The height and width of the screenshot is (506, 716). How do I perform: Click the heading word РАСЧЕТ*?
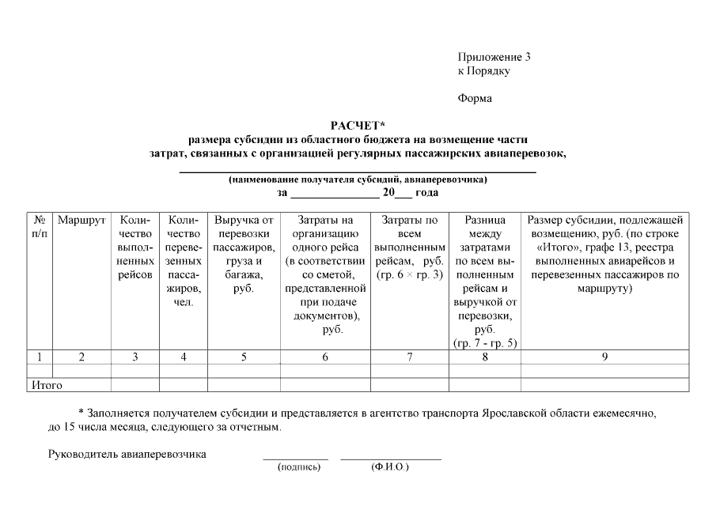(x=358, y=125)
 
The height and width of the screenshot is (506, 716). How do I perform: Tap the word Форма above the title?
(x=475, y=98)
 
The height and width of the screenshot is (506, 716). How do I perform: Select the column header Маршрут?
(x=81, y=220)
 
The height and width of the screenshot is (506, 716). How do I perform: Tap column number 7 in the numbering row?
(x=409, y=357)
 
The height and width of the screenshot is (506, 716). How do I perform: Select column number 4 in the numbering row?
(x=184, y=357)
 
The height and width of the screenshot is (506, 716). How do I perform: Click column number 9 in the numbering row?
(x=604, y=357)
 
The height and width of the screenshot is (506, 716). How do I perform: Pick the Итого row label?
(x=46, y=385)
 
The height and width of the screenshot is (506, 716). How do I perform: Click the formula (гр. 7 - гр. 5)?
(x=484, y=343)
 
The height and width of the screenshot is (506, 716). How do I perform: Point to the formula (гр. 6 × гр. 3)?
(x=409, y=274)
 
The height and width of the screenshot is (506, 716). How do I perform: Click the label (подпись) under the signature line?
(x=299, y=467)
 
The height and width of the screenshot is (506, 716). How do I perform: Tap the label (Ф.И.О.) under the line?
(x=389, y=467)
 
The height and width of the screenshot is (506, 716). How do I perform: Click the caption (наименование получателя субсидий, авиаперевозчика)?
(x=358, y=179)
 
